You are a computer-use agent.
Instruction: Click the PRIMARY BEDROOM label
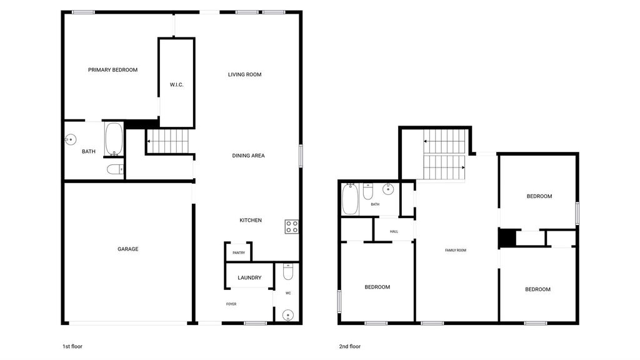tap(112, 70)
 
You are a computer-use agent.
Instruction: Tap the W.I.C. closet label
tap(176, 84)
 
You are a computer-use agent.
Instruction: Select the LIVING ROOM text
tap(244, 74)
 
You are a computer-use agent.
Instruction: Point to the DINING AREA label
tap(248, 156)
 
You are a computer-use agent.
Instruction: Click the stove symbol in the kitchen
tap(291, 226)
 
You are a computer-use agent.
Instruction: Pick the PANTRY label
tap(239, 253)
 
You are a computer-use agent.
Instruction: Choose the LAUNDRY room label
tap(249, 277)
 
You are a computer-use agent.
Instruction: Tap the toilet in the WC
tap(288, 272)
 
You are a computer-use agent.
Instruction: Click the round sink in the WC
tap(288, 315)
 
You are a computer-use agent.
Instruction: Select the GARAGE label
tap(127, 249)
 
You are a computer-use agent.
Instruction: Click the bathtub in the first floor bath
tap(114, 139)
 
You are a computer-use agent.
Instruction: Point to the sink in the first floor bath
tap(71, 139)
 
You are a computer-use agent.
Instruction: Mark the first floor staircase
tap(167, 141)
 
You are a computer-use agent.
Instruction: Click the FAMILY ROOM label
tap(456, 250)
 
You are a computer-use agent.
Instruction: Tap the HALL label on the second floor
tap(394, 231)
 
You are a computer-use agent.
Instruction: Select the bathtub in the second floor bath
tap(350, 199)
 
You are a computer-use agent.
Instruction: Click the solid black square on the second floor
tap(507, 238)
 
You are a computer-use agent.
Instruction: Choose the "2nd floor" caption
tap(350, 346)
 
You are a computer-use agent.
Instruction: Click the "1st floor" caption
tap(72, 346)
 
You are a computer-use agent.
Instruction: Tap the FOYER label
tap(231, 304)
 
